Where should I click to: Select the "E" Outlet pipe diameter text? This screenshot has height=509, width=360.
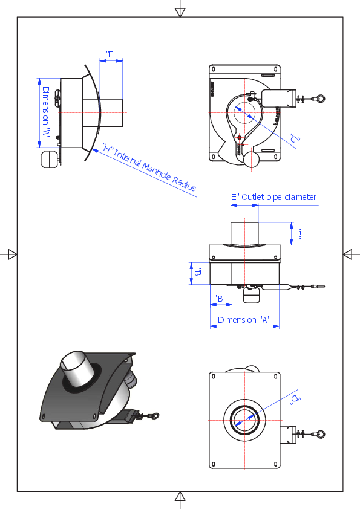[x=272, y=197]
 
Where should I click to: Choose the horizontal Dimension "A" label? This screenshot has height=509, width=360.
[x=244, y=320]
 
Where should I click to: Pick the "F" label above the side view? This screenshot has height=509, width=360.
[x=111, y=54]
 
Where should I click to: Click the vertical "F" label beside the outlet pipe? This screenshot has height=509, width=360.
[x=298, y=234]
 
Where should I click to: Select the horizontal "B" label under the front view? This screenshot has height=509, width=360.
[x=220, y=299]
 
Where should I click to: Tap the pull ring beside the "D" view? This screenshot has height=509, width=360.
[x=321, y=433]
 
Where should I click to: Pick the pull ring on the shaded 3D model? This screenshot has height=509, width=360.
[x=156, y=415]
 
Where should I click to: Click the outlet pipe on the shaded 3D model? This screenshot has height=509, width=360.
[x=77, y=369]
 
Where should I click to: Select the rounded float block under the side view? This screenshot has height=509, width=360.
[x=49, y=158]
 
